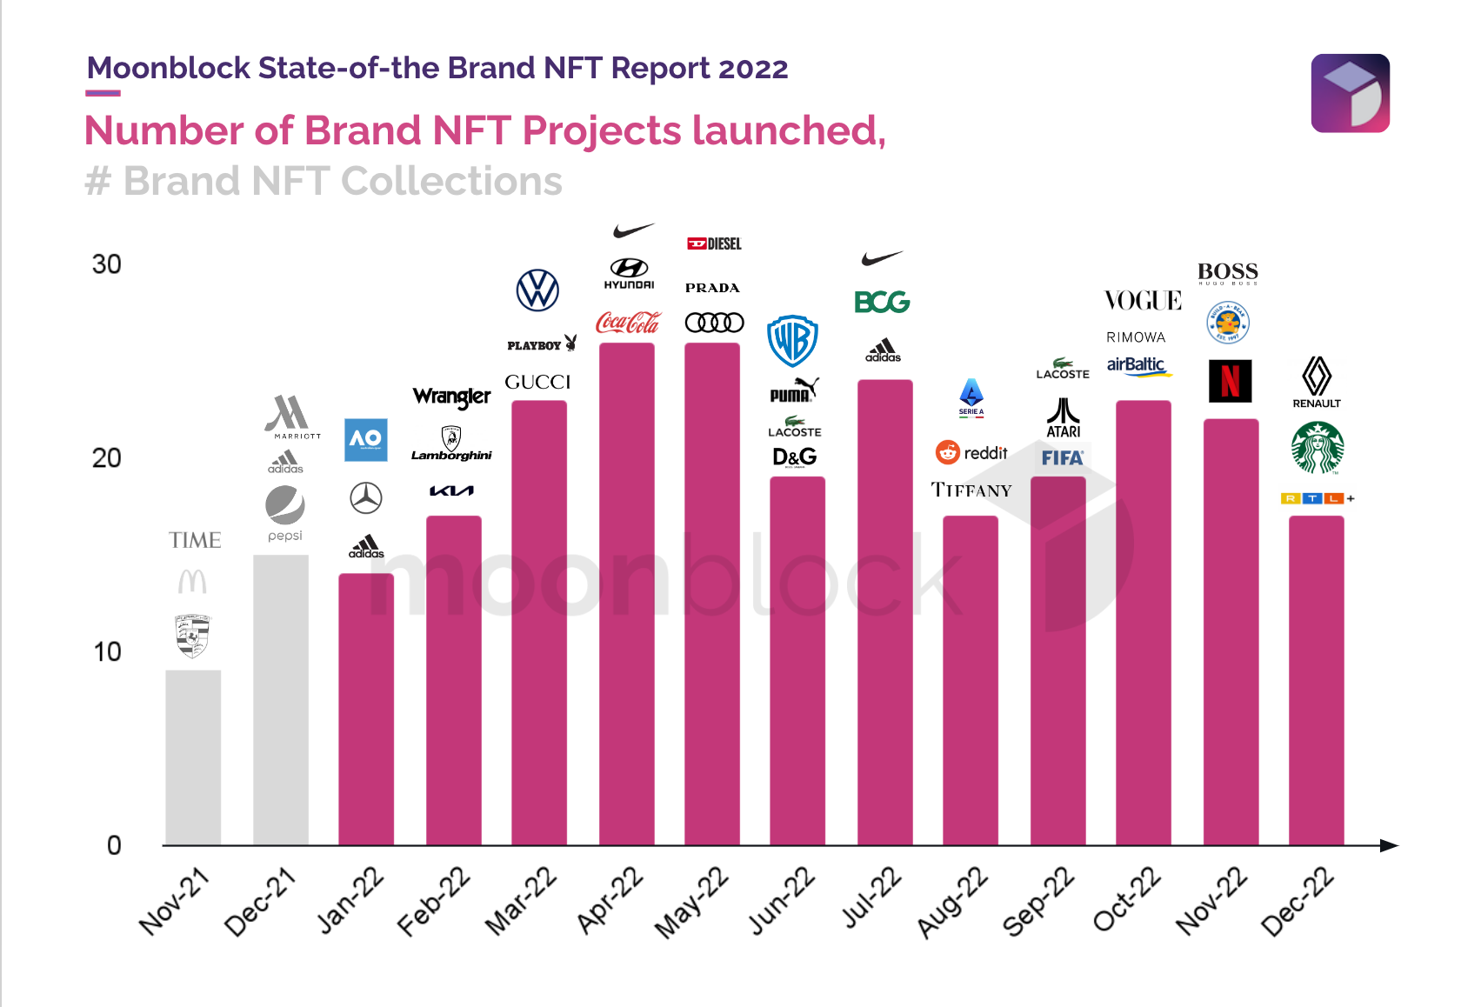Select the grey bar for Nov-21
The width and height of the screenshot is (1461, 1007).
[193, 757]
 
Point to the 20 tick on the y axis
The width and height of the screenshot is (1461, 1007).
[106, 458]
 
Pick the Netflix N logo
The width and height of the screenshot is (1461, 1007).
[1230, 381]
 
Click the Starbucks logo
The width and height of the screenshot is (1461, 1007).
[1318, 447]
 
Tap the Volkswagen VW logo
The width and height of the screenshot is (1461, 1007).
[537, 290]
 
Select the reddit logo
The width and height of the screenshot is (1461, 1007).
[971, 452]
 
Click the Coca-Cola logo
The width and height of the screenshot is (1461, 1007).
[628, 323]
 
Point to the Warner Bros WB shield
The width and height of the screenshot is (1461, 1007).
[792, 341]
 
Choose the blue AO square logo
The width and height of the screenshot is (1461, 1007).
[365, 439]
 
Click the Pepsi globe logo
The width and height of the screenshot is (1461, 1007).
[284, 505]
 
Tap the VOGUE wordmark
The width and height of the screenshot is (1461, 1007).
[1143, 301]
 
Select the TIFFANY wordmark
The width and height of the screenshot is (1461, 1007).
[971, 490]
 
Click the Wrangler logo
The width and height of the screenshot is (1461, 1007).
[451, 397]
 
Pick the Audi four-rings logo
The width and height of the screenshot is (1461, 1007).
[714, 323]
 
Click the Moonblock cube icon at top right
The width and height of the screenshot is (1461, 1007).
[1350, 93]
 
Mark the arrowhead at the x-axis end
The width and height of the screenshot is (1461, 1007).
[1389, 845]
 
